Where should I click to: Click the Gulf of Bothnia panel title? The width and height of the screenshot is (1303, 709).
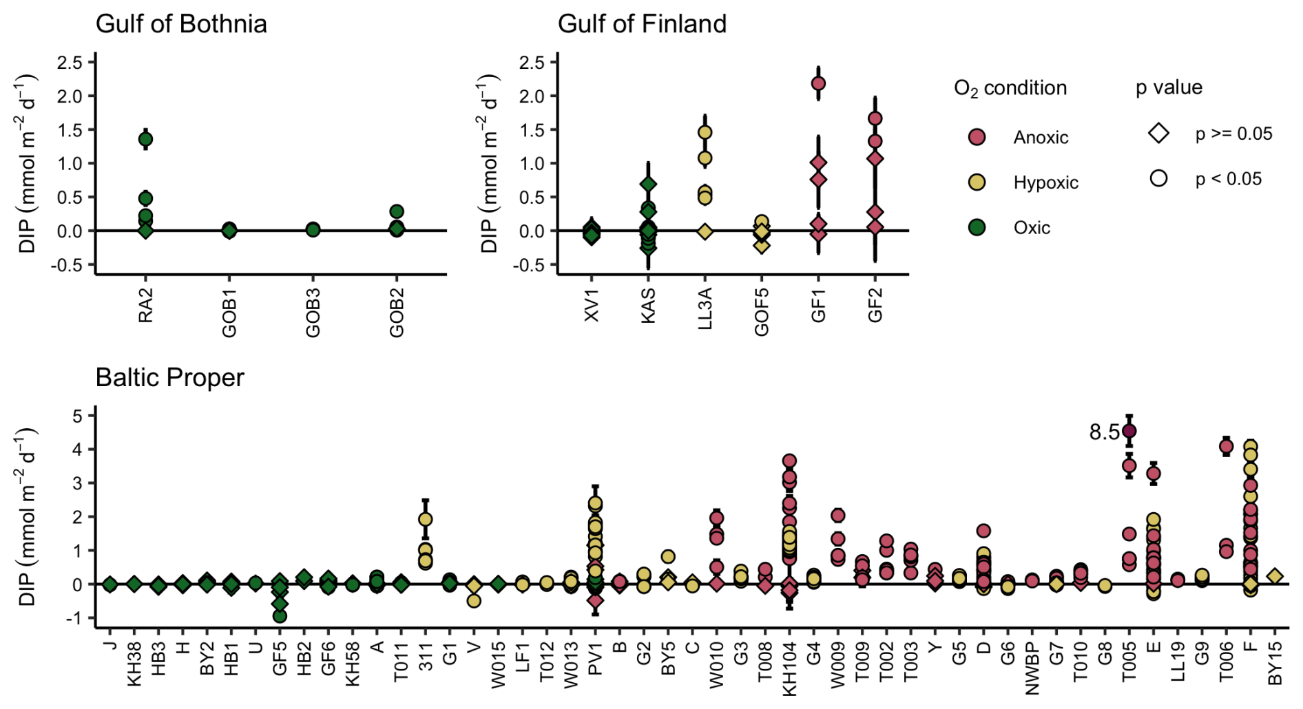pos(181,24)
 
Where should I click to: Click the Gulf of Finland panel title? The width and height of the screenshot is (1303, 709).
pos(641,24)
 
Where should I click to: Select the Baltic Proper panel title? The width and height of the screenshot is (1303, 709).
pos(169,378)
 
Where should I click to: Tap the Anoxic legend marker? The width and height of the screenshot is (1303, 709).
pos(977,137)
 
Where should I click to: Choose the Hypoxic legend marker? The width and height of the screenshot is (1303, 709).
pos(977,182)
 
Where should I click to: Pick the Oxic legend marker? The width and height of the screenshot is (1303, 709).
pos(977,228)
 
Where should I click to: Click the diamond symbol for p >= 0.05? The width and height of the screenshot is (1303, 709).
pos(1158,134)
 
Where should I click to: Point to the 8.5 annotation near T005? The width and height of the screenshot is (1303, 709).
pos(1104,432)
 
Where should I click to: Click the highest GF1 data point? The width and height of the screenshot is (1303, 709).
pos(818,84)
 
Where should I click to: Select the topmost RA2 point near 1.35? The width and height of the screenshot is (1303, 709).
pos(145,139)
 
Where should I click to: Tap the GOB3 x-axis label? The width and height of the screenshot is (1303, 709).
pos(313,313)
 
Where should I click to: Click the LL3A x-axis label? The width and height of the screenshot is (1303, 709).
pos(705,308)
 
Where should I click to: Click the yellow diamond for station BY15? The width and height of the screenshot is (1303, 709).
pos(1275,576)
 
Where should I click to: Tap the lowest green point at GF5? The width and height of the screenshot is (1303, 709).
pos(280,615)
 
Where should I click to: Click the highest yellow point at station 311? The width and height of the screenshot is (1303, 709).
pos(426,519)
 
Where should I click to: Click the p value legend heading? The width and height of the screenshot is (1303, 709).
pos(1169,87)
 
